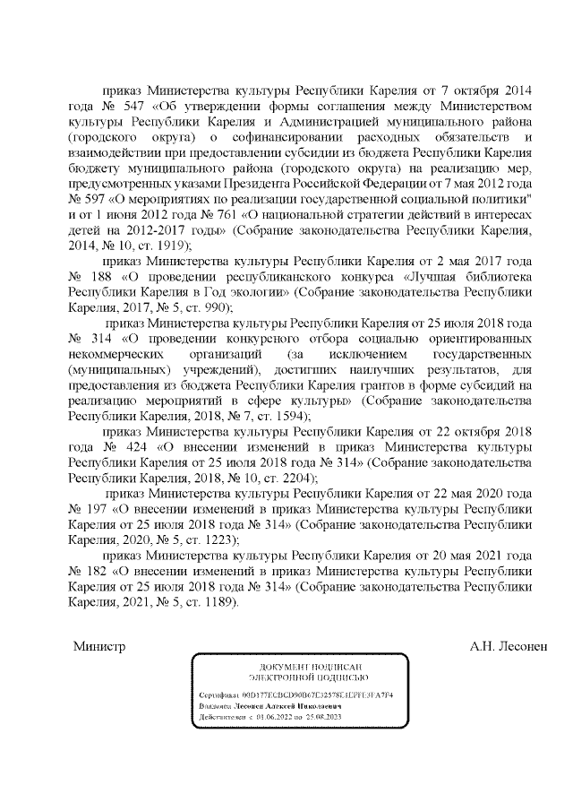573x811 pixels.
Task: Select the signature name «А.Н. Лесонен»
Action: (x=507, y=643)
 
